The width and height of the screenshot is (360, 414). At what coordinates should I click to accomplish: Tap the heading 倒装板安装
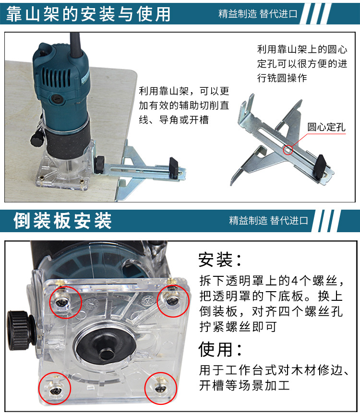63,220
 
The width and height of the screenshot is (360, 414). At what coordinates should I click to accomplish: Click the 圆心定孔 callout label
326,128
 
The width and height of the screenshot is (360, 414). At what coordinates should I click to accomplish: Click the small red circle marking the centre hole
287,150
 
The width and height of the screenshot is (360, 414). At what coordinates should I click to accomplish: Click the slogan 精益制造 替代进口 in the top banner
258,14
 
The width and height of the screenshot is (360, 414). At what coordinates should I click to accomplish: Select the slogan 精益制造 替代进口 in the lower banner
268,221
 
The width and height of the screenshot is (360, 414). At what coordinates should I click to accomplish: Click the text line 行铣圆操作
282,78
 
